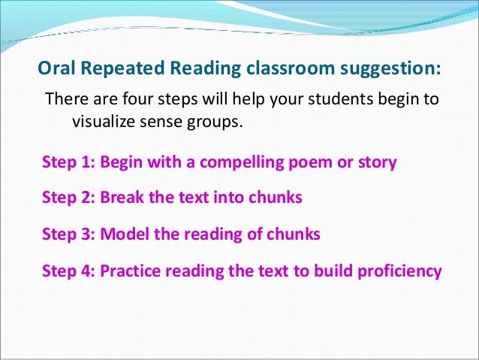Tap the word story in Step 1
(373, 162)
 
